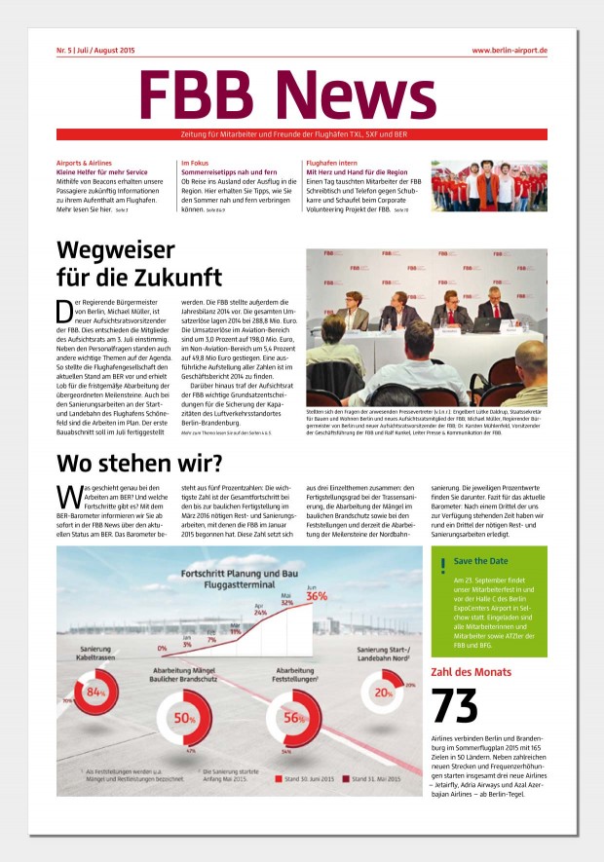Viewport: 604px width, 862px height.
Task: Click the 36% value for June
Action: [x=317, y=595]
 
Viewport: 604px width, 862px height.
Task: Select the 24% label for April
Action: [x=260, y=614]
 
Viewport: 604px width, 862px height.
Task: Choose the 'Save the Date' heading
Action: [x=480, y=562]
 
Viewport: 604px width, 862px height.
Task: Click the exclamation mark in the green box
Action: [x=443, y=564]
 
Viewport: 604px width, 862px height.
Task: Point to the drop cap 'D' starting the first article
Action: [x=64, y=312]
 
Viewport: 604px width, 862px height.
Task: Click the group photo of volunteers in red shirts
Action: [x=489, y=186]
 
